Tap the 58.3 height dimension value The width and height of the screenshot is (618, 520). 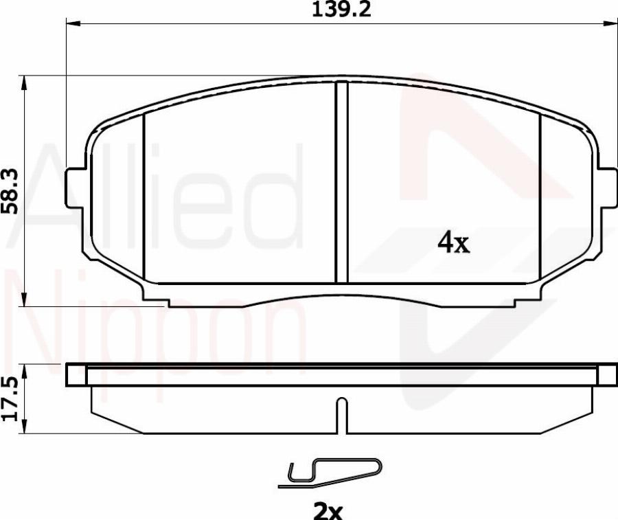[12, 190]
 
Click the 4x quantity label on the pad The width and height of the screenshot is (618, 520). [454, 242]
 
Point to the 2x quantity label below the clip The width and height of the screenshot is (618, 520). [328, 510]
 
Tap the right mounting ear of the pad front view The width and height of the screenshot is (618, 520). [607, 187]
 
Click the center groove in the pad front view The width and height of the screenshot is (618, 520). [341, 182]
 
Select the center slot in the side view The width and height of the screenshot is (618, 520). [341, 415]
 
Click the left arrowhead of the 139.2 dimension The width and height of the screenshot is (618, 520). [72, 25]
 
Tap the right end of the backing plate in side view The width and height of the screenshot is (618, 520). [607, 375]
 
